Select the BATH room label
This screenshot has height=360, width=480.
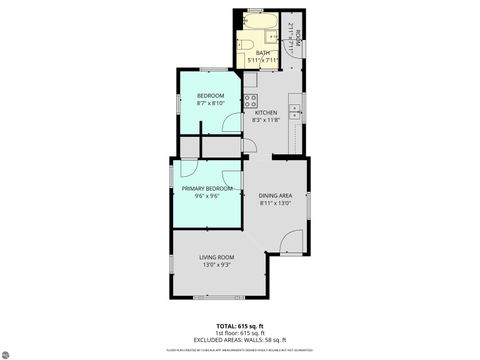(263, 53)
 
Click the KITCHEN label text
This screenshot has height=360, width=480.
(266, 113)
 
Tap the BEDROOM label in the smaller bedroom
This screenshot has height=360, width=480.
(210, 96)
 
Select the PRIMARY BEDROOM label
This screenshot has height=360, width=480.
(207, 188)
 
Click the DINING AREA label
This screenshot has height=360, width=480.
(275, 195)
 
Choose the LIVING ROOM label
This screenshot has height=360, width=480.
(218, 257)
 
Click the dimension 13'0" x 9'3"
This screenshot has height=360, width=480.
(218, 265)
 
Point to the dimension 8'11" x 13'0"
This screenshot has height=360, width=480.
(275, 203)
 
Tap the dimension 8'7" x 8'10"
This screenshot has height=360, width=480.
(210, 103)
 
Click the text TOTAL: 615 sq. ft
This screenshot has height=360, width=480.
(240, 327)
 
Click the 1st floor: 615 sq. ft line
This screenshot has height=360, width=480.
(240, 333)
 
